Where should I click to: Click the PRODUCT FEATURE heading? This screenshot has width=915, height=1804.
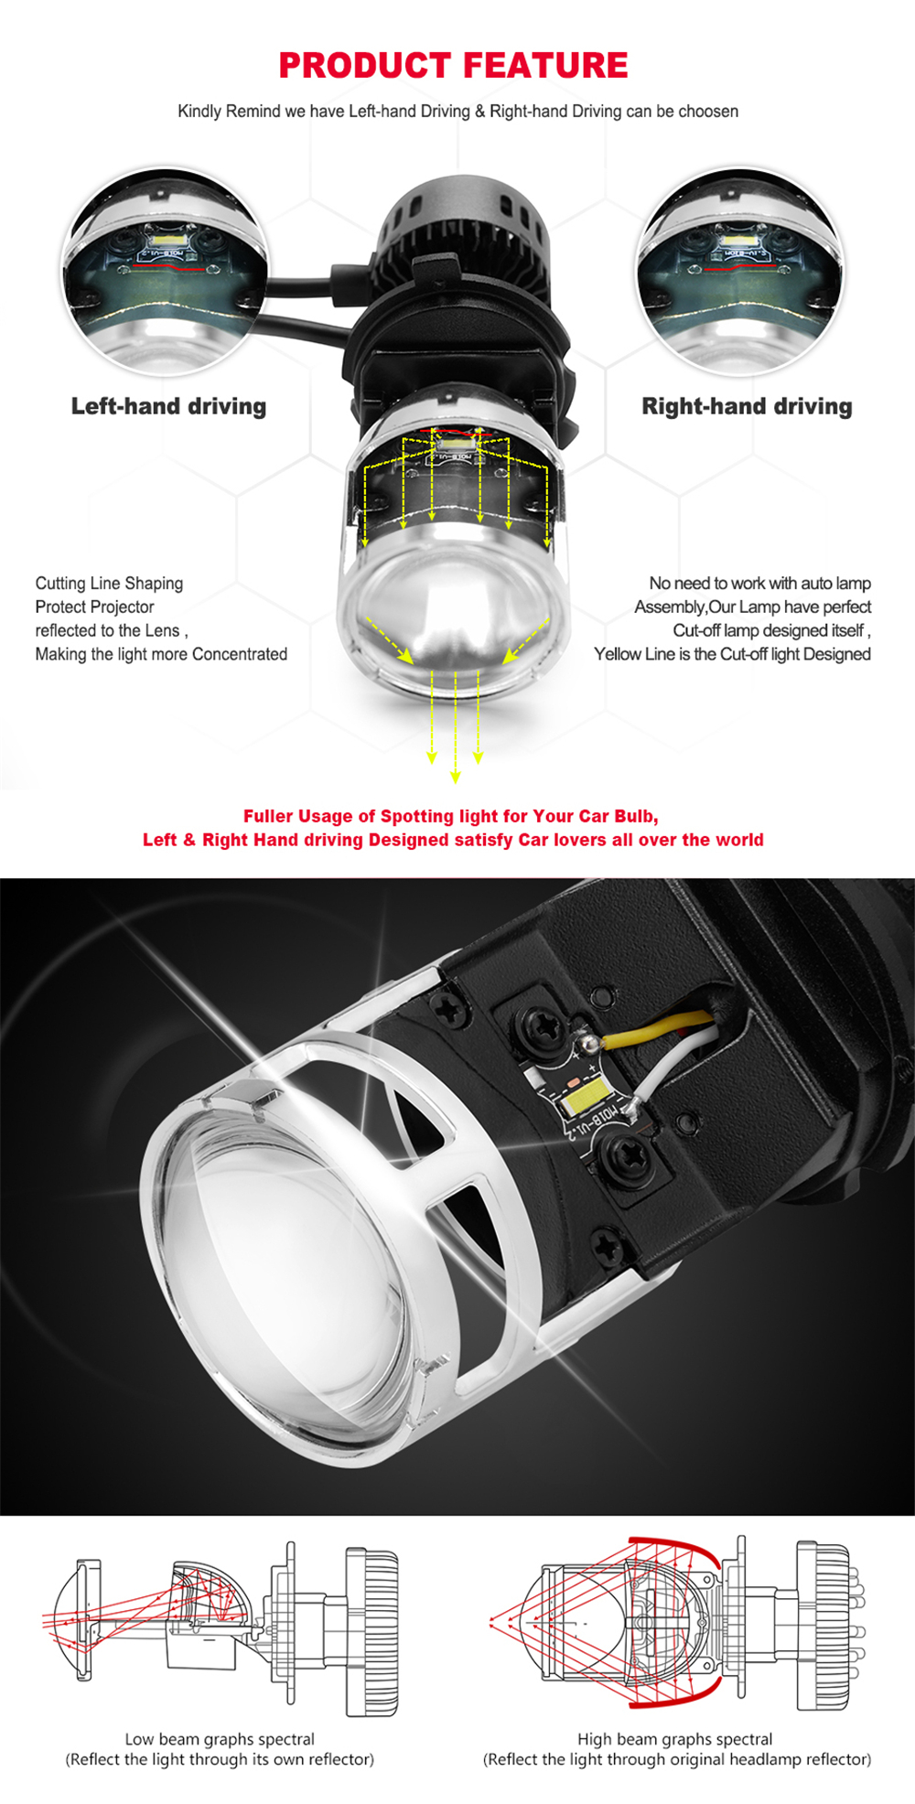[453, 66]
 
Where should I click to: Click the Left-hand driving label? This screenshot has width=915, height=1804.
[168, 406]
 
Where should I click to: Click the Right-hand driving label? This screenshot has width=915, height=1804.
[747, 406]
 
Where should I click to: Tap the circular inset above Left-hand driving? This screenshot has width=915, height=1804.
[167, 273]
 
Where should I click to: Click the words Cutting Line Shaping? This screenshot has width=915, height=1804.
[109, 584]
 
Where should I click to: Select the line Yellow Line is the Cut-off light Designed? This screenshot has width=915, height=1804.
[732, 654]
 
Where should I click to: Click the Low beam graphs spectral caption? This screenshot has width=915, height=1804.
[220, 1739]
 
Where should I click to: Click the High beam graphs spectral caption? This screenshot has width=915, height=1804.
[674, 1739]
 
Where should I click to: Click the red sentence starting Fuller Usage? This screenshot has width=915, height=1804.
[451, 816]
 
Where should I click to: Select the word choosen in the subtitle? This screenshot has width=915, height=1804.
[708, 112]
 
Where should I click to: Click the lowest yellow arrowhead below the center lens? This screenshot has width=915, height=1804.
[456, 778]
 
